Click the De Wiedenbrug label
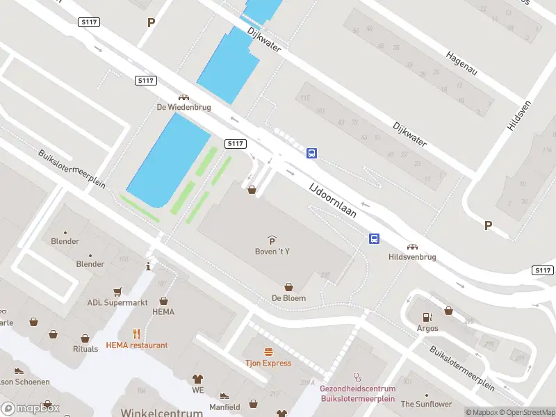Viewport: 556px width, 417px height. (183, 108)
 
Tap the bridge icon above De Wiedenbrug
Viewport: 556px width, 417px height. (183, 98)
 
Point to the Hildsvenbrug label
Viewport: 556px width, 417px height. (412, 257)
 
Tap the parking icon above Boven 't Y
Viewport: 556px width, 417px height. (272, 240)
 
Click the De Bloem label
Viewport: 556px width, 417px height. (288, 298)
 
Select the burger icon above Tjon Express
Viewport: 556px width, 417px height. (268, 352)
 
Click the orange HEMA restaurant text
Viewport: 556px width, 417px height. (137, 345)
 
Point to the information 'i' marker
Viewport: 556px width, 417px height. (148, 266)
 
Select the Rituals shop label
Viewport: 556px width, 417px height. (85, 349)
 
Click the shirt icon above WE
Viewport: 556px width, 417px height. (197, 379)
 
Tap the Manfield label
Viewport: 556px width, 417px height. (224, 407)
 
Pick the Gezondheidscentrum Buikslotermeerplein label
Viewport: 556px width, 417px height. (357, 393)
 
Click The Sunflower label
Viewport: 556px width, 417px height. (426, 404)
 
